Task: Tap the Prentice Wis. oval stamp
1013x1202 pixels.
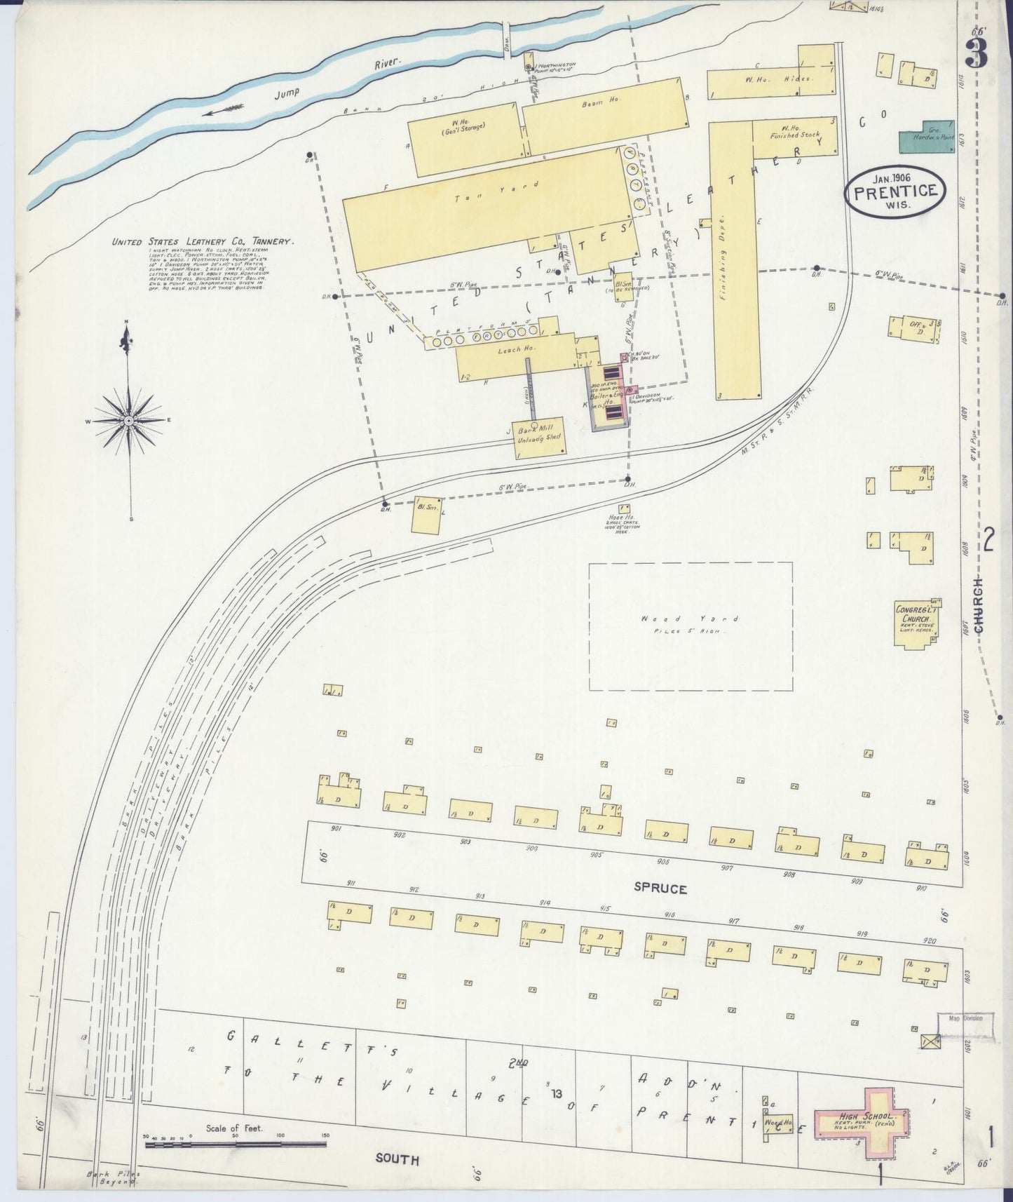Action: point(896,191)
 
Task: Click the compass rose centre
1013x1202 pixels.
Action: point(128,420)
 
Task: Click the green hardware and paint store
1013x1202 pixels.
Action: point(927,136)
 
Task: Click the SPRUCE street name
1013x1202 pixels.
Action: point(660,889)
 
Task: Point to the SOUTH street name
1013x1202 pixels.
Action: point(397,1159)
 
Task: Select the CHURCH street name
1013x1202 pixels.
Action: point(979,607)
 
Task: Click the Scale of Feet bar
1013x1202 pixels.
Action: point(236,1144)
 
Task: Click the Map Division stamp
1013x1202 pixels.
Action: point(965,1018)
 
